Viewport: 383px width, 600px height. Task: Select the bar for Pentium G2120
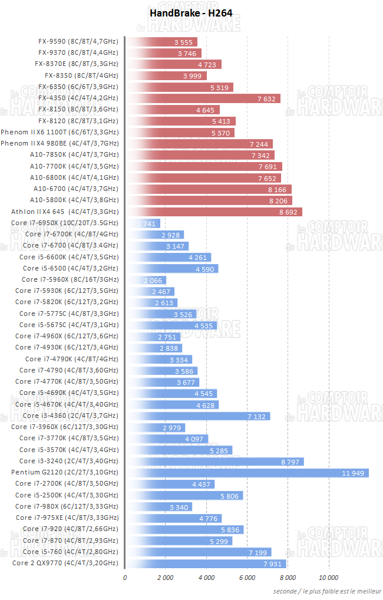pyautogui.click(x=247, y=473)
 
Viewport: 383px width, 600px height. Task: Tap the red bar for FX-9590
pyautogui.click(x=162, y=42)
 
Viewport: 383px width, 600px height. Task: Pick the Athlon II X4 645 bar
pyautogui.click(x=214, y=212)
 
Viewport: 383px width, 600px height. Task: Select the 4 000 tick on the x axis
pyautogui.click(x=206, y=577)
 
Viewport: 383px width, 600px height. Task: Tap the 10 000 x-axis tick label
pyautogui.click(x=329, y=577)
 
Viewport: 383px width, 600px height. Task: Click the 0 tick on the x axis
pyautogui.click(x=125, y=577)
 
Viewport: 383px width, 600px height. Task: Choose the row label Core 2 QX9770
pyautogui.click(x=65, y=563)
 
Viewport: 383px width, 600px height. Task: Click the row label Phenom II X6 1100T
pyautogui.click(x=60, y=133)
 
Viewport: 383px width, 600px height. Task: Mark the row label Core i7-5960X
pyautogui.click(x=70, y=280)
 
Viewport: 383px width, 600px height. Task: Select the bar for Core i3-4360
pyautogui.click(x=198, y=416)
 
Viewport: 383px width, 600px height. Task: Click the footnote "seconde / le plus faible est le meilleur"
pyautogui.click(x=326, y=591)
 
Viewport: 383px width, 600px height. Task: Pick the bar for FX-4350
pyautogui.click(x=203, y=98)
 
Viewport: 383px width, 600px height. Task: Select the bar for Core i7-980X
pyautogui.click(x=158, y=507)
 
